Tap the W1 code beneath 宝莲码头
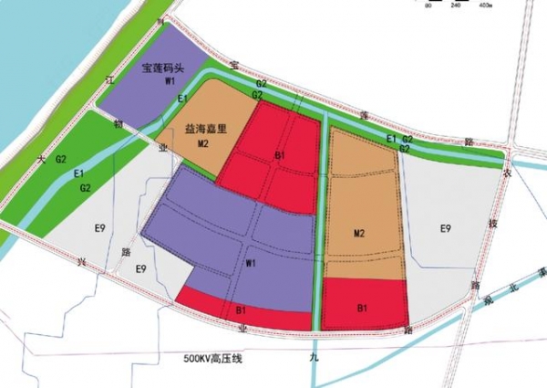click(170, 82)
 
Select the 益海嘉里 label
click(205, 131)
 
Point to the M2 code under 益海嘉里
click(204, 143)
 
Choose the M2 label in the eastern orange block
click(359, 236)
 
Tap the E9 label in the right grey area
click(446, 227)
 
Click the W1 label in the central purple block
click(248, 264)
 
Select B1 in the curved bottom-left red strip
click(242, 311)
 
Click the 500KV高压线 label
click(212, 360)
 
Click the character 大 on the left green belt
click(41, 159)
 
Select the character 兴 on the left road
click(81, 262)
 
